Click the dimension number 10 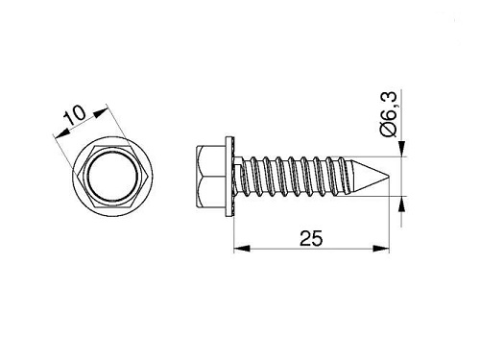[x=75, y=115]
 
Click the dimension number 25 [x=311, y=238]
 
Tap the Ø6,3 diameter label [x=389, y=114]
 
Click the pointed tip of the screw [x=389, y=176]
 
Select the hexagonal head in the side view [x=211, y=177]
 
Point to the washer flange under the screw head [x=230, y=177]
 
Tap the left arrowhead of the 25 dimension [x=242, y=249]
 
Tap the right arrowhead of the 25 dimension [x=381, y=249]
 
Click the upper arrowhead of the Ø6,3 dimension [x=401, y=149]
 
